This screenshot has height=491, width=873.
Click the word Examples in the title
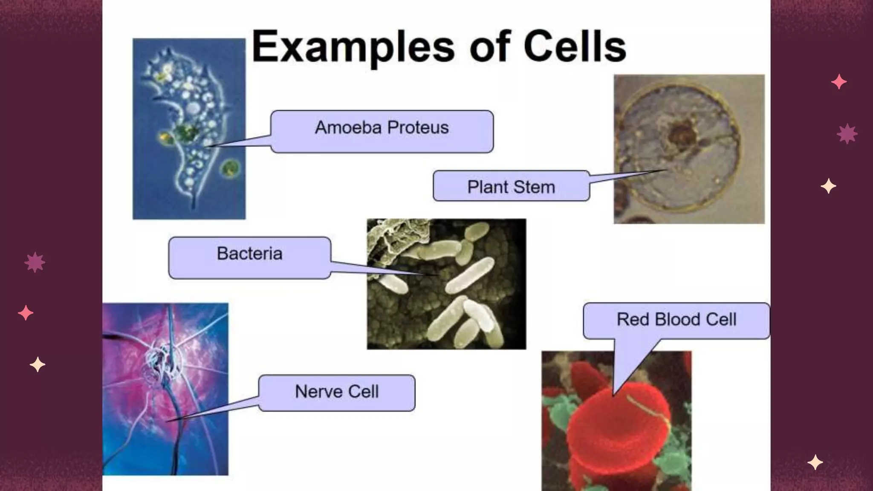coord(353,47)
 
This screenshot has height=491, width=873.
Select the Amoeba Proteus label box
coord(382,131)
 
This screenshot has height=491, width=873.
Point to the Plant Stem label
coord(511,186)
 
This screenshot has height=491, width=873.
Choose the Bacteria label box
coord(250,257)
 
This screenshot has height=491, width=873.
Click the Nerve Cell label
coord(337,393)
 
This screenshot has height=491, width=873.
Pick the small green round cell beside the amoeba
coord(230,168)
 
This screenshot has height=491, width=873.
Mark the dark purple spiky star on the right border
coord(847,134)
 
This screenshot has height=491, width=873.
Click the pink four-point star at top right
coord(838,81)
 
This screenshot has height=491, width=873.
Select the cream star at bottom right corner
coord(815,462)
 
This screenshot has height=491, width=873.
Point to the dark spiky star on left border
coord(35,262)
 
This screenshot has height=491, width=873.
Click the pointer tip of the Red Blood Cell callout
coord(614,395)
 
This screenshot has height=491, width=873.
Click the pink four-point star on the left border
coord(26,313)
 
